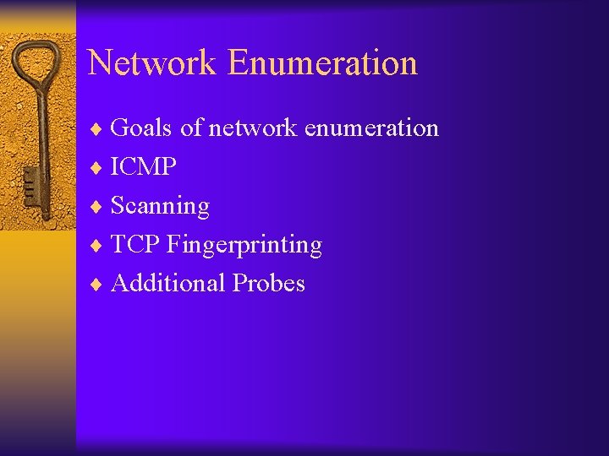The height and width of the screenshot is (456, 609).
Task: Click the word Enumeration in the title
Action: coord(322,63)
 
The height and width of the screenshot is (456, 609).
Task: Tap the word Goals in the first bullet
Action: coord(141,128)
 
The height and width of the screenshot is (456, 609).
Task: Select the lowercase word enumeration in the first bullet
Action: coord(371,128)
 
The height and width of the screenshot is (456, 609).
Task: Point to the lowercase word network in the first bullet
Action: coord(253,128)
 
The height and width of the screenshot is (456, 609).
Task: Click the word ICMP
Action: coord(144,167)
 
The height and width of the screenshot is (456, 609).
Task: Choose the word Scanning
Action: coord(160,206)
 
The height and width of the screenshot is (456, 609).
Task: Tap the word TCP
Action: coord(136,245)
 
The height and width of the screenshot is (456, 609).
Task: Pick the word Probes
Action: coord(268,284)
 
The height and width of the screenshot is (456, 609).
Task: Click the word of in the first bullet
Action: coord(191,128)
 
